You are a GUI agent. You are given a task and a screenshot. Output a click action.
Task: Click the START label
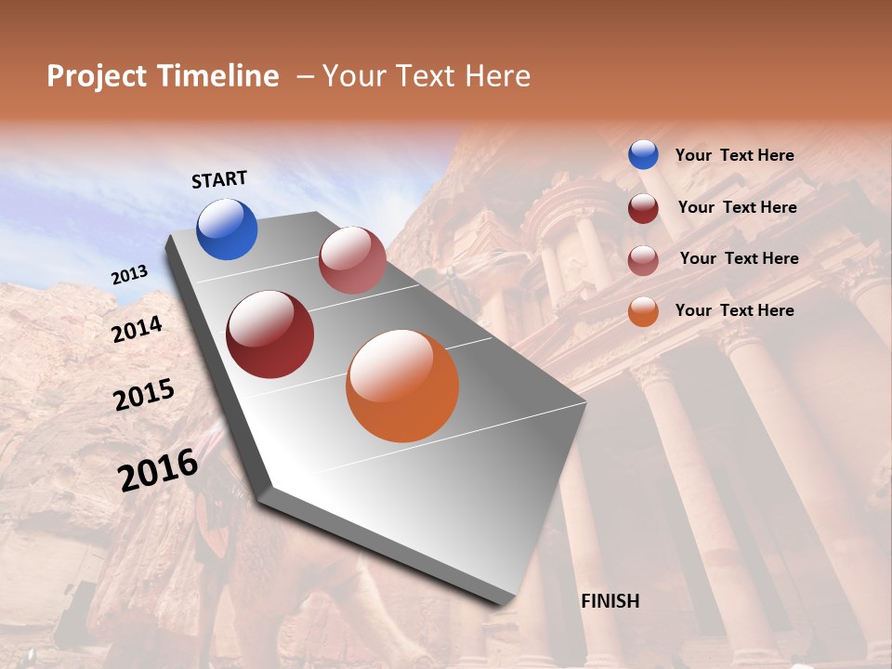[x=219, y=179]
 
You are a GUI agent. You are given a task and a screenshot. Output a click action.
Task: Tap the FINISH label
[x=610, y=601]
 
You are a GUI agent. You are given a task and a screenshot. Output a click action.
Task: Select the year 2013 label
[x=129, y=275]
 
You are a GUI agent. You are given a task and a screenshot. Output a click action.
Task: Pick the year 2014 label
[x=137, y=329]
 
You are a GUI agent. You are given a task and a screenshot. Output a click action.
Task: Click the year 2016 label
[x=158, y=470]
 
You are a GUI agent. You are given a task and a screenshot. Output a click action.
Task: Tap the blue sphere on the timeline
[x=227, y=230]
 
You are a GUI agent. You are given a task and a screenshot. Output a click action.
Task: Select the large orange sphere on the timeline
[x=402, y=386]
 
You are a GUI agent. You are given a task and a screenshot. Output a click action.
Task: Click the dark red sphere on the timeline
[x=269, y=334]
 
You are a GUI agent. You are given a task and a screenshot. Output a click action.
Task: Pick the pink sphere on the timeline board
[x=352, y=260]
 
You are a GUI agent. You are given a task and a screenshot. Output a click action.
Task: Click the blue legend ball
[x=643, y=155]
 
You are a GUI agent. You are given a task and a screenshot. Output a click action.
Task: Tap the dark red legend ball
[x=643, y=208]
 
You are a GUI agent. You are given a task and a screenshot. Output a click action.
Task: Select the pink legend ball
[x=643, y=260]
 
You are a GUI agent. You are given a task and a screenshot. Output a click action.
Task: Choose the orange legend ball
[x=643, y=311]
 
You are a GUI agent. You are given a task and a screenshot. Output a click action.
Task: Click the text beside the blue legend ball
[x=734, y=156]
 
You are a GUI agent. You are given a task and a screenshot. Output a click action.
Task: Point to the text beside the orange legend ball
[x=734, y=310]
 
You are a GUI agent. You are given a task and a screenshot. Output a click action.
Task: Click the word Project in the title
[x=96, y=76]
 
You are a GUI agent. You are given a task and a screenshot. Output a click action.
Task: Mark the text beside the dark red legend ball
[x=737, y=207]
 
